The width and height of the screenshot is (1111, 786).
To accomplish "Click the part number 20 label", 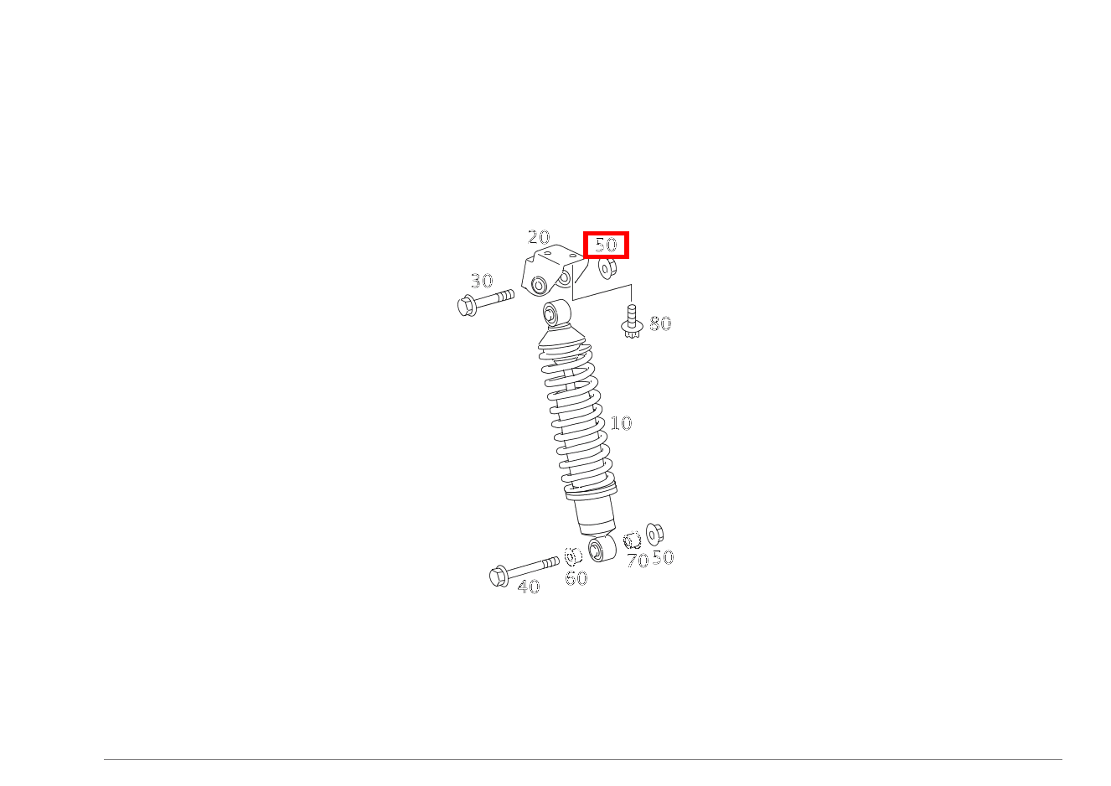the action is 539,237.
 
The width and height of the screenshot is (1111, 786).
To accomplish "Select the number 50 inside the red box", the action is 606,245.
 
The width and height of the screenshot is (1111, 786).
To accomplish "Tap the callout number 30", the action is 482,281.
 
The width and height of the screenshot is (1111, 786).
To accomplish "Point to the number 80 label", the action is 660,323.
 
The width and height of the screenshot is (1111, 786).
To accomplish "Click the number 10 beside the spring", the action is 621,423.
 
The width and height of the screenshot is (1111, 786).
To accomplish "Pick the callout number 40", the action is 528,587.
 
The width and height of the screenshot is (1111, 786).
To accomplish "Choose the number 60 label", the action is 576,578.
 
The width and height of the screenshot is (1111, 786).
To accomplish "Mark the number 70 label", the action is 638,561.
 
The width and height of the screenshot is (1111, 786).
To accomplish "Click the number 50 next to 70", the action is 663,557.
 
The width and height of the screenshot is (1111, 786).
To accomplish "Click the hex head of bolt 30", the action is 467,306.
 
